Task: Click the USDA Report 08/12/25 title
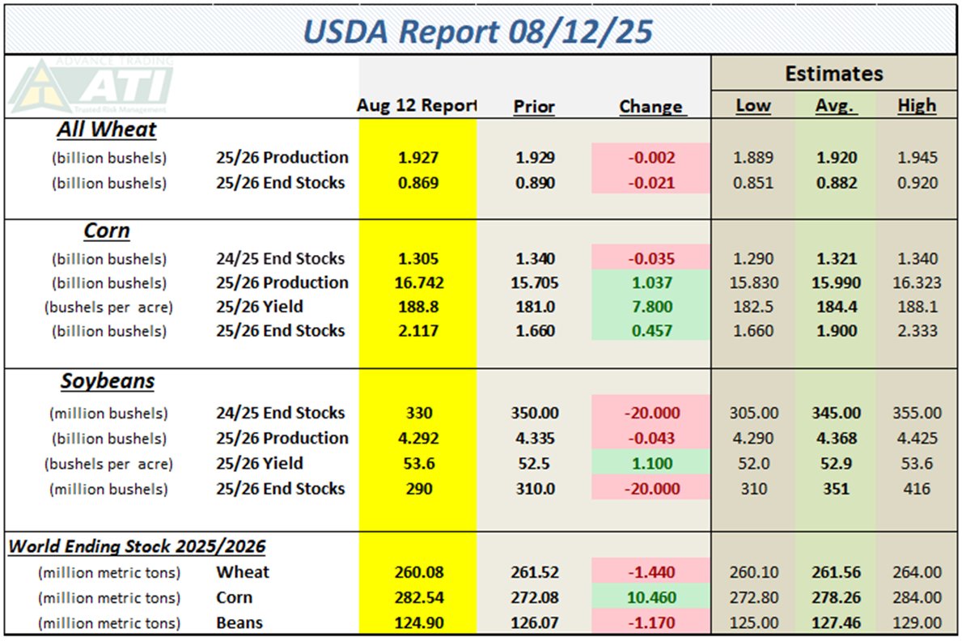(481, 31)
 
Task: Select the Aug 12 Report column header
(417, 106)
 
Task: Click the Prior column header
(534, 106)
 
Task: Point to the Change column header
(651, 106)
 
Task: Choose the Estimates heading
(833, 74)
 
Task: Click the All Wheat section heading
(107, 129)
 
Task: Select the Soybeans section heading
(107, 381)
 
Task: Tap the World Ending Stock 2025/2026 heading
(137, 546)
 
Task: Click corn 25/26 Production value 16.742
(418, 283)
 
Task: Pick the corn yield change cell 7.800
(651, 308)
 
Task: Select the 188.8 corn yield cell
(418, 308)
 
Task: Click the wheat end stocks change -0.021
(651, 183)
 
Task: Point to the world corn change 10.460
(651, 598)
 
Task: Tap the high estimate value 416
(917, 489)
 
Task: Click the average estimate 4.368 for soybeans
(836, 439)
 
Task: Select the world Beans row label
(239, 623)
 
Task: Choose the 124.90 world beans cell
(418, 623)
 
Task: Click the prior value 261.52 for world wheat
(535, 572)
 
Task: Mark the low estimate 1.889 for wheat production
(753, 158)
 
